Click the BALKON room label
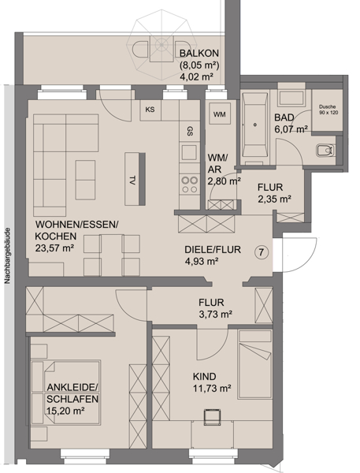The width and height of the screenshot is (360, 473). point(199,53)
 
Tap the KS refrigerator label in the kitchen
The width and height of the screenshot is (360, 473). point(150,110)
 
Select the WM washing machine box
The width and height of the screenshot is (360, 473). point(219,114)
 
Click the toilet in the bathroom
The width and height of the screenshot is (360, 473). point(325,151)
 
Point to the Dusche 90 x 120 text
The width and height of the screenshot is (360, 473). point(328,110)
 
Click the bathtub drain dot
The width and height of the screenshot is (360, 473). point(255,125)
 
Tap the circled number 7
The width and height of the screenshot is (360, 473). point(262,252)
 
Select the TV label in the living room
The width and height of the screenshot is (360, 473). point(132,181)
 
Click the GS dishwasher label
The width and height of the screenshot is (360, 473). point(190,132)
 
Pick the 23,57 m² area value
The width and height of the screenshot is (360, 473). point(54,248)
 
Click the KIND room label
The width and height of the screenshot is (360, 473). point(205,377)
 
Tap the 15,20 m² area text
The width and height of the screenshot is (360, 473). point(65,411)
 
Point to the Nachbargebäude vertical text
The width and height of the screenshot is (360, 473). point(8,255)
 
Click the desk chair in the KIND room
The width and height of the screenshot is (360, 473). point(212,416)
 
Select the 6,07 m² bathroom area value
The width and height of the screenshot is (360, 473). point(291,129)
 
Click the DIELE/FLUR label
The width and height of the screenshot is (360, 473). point(213,250)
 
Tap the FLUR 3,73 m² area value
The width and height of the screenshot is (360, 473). point(215,315)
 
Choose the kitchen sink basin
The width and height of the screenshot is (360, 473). point(189,151)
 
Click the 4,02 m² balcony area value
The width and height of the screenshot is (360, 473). point(196,76)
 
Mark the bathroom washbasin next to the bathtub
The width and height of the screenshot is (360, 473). point(291,98)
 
